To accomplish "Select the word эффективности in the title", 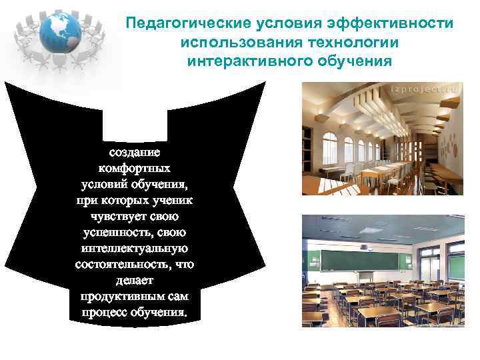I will click(x=389, y=24).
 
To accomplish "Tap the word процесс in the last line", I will click(x=106, y=312).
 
